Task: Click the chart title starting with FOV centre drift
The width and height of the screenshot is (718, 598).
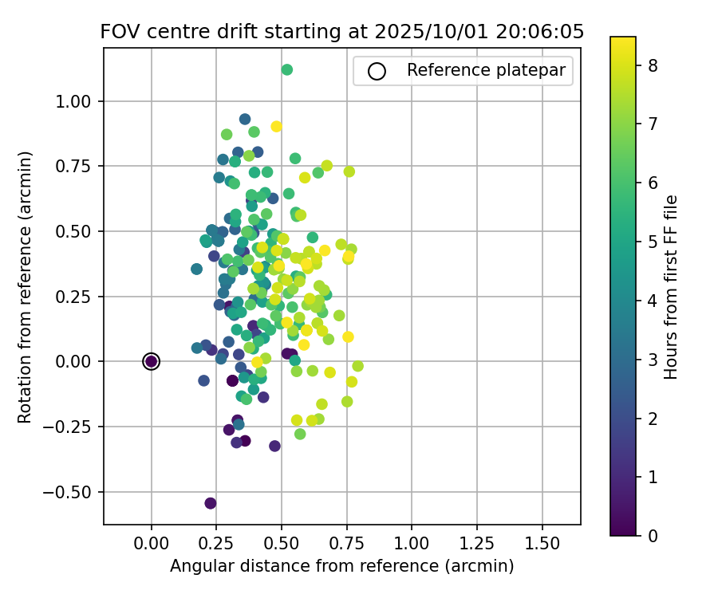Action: click(341, 32)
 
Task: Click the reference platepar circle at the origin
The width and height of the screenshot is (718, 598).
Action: click(152, 361)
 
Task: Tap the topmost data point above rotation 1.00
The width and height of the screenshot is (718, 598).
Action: click(287, 70)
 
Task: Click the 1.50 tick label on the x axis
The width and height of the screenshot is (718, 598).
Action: click(542, 545)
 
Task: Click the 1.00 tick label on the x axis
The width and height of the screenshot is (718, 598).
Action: click(412, 545)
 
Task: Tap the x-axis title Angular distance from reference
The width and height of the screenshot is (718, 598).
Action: click(341, 566)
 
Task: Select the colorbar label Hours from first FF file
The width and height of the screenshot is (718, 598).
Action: click(672, 287)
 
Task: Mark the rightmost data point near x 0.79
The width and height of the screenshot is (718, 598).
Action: click(357, 366)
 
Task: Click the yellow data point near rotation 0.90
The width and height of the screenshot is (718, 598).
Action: click(277, 126)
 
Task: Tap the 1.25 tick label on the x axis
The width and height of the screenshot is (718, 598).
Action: click(477, 545)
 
